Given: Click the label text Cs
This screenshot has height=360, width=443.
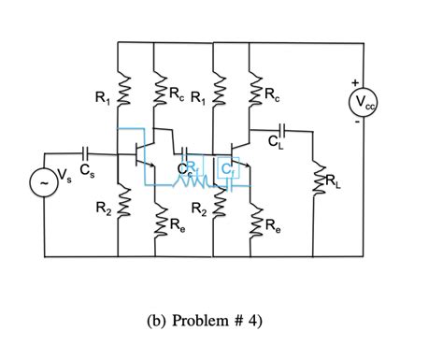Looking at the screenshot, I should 86,171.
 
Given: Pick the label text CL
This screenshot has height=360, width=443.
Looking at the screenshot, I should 278,146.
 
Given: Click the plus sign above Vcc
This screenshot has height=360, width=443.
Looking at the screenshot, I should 354,83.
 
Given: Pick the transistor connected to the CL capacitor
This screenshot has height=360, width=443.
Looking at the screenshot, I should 238,153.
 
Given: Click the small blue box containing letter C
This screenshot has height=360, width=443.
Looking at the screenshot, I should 227,167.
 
